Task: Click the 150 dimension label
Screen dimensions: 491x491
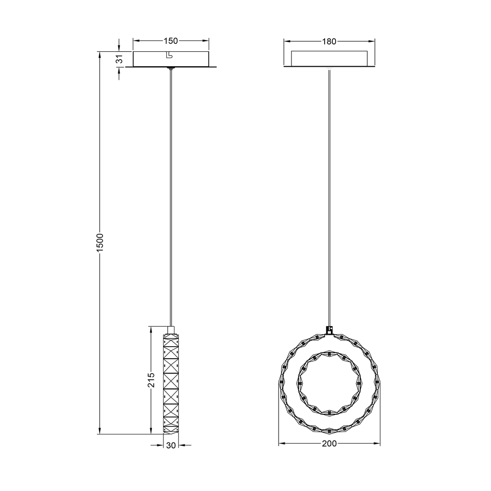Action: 171,41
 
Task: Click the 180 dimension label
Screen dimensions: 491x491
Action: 329,41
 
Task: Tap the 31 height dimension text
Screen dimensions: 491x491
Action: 119,59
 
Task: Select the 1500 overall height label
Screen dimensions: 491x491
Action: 100,242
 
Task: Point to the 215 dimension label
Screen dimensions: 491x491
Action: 151,380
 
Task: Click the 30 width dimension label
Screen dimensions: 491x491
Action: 171,445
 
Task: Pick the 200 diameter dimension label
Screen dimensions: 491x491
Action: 329,444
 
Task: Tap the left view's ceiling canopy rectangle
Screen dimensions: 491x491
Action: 171,59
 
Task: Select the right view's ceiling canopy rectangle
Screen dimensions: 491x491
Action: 329,58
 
